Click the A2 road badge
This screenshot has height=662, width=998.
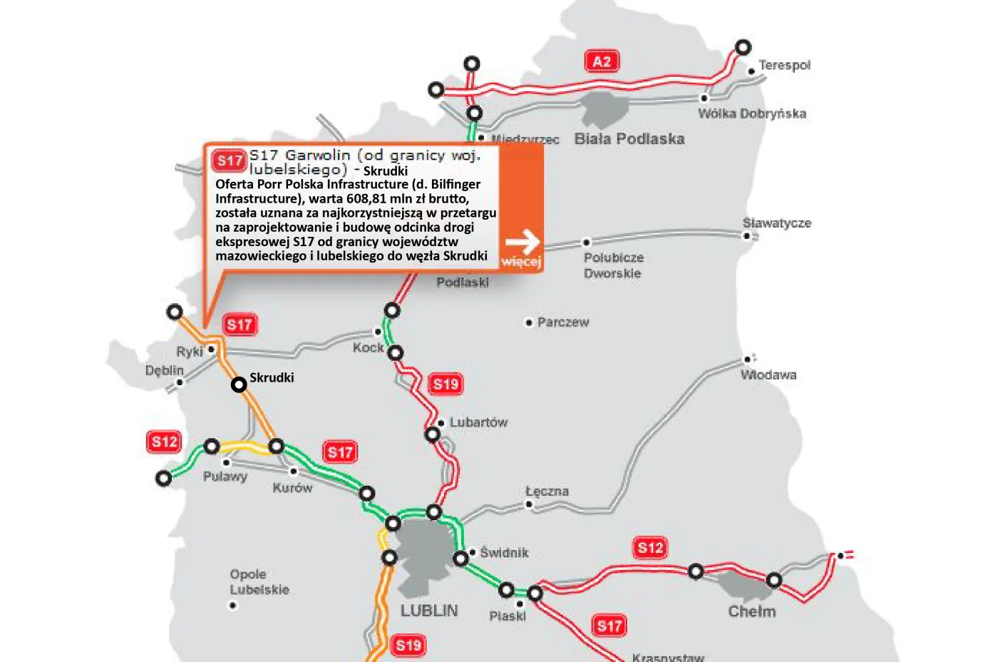click(x=602, y=61)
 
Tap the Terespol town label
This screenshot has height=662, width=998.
click(x=784, y=65)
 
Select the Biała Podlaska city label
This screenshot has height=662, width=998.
click(x=629, y=139)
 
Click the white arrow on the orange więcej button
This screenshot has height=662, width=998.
click(x=523, y=242)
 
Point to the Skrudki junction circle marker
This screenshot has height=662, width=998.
click(x=239, y=385)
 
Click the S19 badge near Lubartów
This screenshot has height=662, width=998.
click(x=446, y=385)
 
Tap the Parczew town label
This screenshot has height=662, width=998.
click(x=563, y=322)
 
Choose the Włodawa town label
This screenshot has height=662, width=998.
click(x=768, y=375)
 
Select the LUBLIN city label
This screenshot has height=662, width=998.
click(x=428, y=611)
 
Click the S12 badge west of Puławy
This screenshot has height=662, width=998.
click(x=165, y=442)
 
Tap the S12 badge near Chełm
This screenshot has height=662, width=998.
click(x=650, y=548)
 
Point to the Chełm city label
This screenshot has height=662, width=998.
click(x=751, y=611)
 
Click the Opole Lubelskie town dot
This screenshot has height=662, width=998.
click(x=232, y=606)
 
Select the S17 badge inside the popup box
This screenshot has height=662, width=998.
click(x=230, y=161)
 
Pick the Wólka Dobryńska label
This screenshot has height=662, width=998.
click(x=752, y=113)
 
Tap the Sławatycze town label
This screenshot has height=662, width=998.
click(x=776, y=223)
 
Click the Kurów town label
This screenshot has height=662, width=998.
click(x=292, y=488)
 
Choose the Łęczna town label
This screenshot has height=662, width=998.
click(x=547, y=492)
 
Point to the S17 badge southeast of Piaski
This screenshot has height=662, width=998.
click(x=609, y=626)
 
